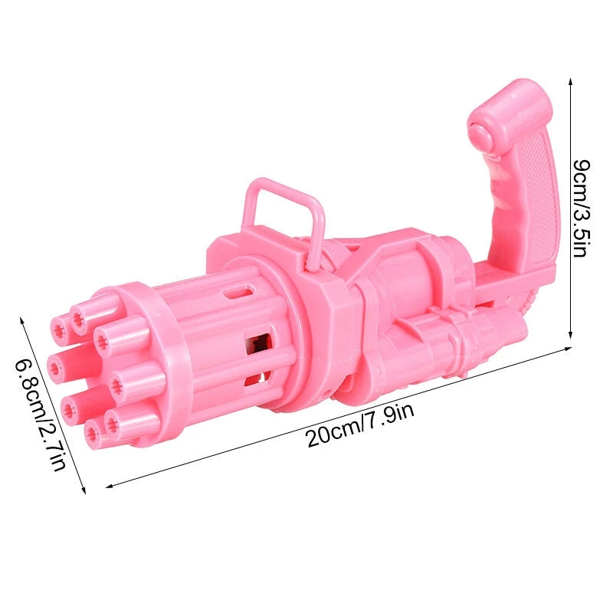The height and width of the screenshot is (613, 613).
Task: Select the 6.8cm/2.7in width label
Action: point(41,415)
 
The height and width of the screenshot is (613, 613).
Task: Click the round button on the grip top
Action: point(480,134)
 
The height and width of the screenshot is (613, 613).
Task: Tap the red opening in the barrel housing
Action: point(258,345)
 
